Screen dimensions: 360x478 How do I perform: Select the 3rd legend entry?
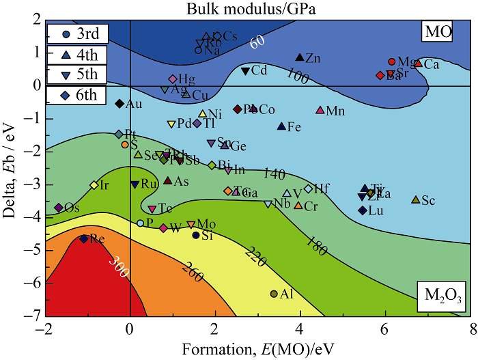tap(76, 33)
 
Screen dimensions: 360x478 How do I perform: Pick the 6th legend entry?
tap(76, 96)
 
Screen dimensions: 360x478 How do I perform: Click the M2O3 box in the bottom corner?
tap(442, 294)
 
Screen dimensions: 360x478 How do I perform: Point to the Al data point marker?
tap(275, 294)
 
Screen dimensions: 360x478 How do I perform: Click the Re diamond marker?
tap(84, 238)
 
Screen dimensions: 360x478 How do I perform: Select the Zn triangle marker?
tap(299, 58)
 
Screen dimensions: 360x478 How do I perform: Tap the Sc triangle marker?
tap(415, 199)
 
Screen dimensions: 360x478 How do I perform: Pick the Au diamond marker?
tap(119, 104)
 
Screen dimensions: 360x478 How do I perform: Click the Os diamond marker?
tap(59, 207)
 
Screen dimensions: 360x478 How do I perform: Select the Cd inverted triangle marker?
tap(245, 71)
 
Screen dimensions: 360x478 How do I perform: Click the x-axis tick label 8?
tap(469, 327)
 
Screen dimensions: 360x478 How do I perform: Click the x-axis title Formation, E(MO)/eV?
tap(257, 347)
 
